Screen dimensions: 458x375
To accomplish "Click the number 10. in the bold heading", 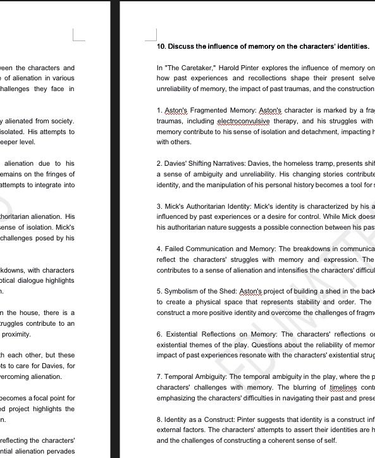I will click(x=162, y=46).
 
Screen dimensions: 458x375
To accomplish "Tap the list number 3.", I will click(x=159, y=206).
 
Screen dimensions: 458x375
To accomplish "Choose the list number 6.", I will click(x=159, y=334).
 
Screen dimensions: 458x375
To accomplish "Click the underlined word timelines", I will click(x=343, y=387).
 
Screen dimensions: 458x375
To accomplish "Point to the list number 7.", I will click(x=159, y=376).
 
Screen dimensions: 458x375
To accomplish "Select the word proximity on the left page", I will click(x=16, y=334).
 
